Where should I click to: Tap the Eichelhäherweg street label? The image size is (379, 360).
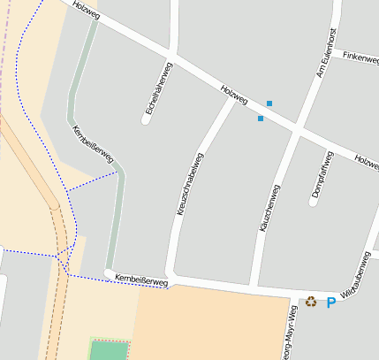point(158,92)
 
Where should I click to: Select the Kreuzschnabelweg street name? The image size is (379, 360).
point(190,185)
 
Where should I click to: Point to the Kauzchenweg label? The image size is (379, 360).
point(270,209)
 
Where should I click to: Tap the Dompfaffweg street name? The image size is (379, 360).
point(322,173)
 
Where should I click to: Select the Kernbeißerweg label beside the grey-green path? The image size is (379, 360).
point(93,143)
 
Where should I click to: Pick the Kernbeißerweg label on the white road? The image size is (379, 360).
point(141,280)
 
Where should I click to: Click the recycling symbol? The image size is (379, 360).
point(311,303)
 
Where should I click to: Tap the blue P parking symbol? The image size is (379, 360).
point(331,303)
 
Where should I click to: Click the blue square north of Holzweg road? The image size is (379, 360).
point(269,103)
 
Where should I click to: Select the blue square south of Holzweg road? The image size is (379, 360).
point(260,118)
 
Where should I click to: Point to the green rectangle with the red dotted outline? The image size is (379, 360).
point(110,350)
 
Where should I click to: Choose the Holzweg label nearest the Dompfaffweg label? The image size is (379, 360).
point(365,162)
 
